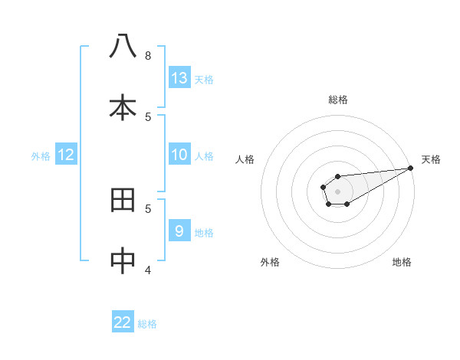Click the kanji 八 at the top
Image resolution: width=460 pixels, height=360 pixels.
click(123, 46)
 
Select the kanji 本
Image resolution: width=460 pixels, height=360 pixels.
click(123, 107)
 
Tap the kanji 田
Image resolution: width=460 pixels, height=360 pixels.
click(123, 200)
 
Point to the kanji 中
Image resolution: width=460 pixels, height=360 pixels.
click(123, 260)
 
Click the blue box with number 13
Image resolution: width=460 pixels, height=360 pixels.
click(179, 77)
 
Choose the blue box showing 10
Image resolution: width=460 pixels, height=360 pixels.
click(179, 155)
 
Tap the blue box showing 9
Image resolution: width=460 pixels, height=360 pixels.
click(179, 231)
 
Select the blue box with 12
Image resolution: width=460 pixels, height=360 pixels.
click(66, 155)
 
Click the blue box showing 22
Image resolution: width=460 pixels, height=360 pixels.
click(123, 322)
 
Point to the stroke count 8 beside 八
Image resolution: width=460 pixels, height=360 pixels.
click(148, 55)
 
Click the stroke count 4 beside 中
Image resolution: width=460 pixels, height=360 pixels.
click(148, 270)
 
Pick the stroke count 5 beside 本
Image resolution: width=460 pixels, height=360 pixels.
click(148, 116)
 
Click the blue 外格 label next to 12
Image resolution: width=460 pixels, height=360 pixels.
click(41, 156)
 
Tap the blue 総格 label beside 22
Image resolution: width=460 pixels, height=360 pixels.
click(147, 324)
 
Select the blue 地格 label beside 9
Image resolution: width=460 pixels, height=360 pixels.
click(204, 233)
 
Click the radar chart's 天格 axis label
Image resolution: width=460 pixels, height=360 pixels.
click(431, 159)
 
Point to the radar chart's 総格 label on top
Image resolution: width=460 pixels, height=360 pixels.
click(338, 100)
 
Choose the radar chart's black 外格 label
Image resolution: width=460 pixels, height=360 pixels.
click(270, 262)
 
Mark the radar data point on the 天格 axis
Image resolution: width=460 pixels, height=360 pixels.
click(410, 168)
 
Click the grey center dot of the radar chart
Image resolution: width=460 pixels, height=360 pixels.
click(337, 191)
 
